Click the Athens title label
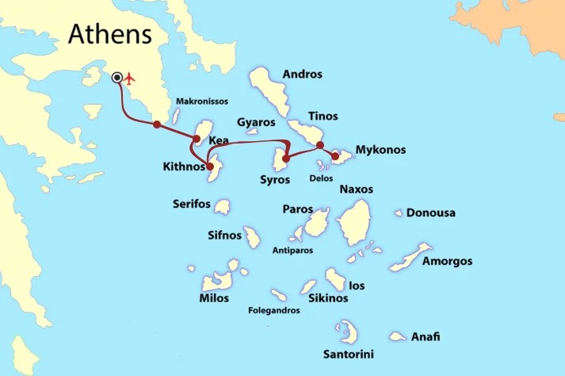109,33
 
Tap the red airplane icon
132,78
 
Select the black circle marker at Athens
118,77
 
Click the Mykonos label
380,149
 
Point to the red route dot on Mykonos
335,157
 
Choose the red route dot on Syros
286,159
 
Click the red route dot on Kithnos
210,167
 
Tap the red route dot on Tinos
319,145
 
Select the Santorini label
349,354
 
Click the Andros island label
303,75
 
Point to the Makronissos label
201,102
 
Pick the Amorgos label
447,261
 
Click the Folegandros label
274,310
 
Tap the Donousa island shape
399,213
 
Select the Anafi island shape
397,336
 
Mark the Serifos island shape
223,207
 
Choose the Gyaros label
256,122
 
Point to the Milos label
214,298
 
